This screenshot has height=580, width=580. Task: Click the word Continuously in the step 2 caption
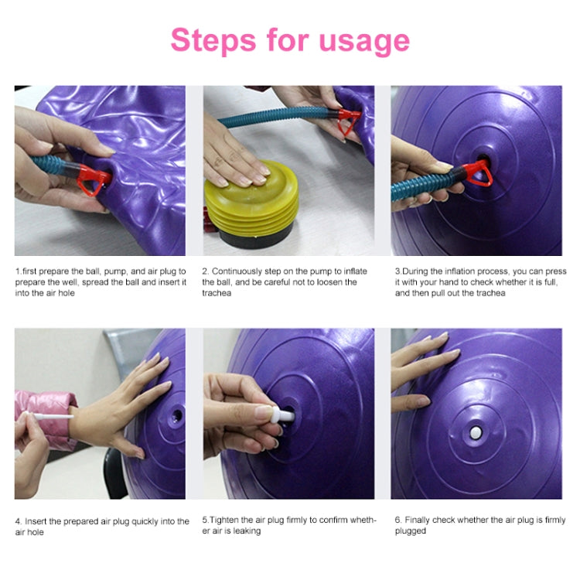point(237,271)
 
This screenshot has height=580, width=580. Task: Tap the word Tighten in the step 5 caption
point(226,520)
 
